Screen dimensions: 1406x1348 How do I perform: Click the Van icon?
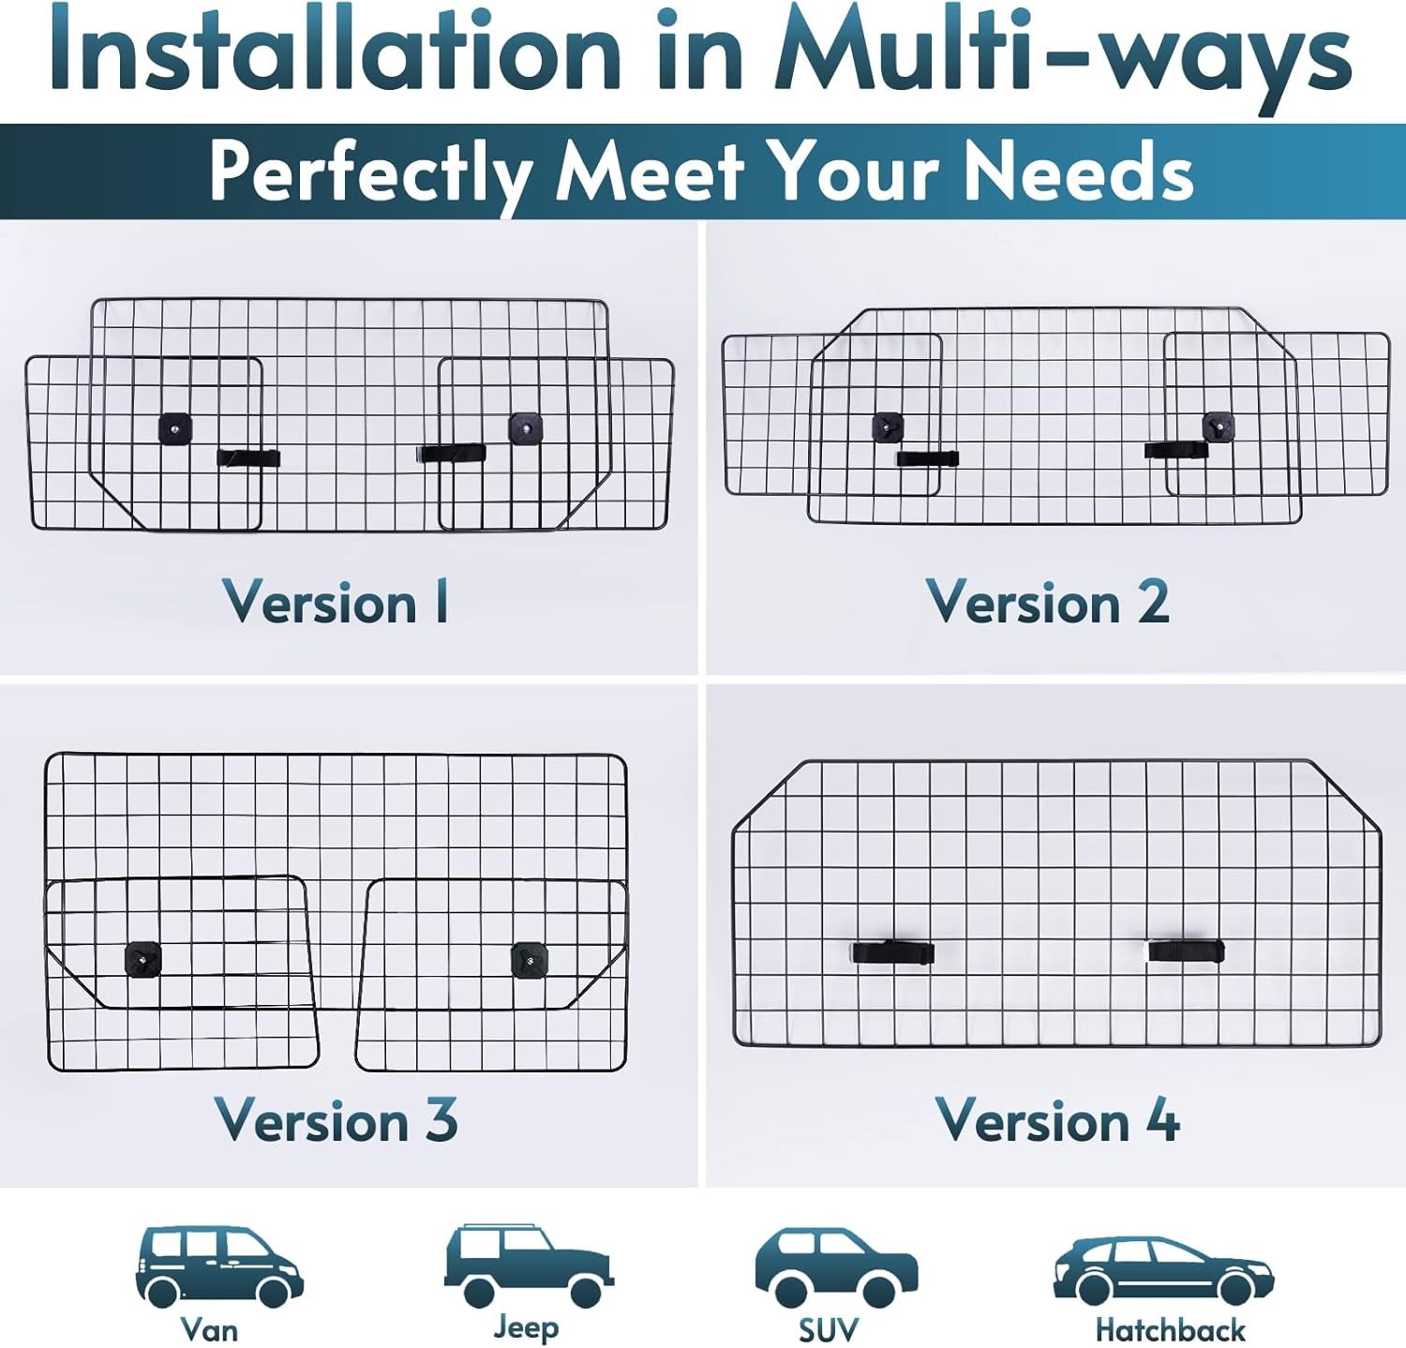click(219, 1266)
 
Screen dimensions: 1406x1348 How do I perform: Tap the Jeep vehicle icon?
click(529, 1265)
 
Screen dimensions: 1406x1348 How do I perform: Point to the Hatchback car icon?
click(1163, 1271)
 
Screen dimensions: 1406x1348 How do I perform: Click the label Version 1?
click(336, 602)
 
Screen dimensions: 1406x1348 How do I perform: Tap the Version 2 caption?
click(1048, 602)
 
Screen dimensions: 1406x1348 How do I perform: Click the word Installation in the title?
click(336, 52)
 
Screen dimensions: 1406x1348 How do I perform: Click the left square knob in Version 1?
click(175, 428)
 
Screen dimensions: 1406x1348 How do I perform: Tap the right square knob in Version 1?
click(525, 428)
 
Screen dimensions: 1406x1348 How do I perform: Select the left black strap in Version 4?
click(893, 951)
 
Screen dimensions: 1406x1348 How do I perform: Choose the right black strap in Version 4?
click(1187, 951)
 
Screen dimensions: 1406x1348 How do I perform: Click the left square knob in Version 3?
click(142, 959)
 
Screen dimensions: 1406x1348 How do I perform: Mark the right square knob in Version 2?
click(1219, 427)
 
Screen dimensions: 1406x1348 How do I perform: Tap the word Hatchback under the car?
click(1170, 1329)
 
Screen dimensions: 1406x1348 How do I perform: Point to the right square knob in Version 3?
click(529, 960)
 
